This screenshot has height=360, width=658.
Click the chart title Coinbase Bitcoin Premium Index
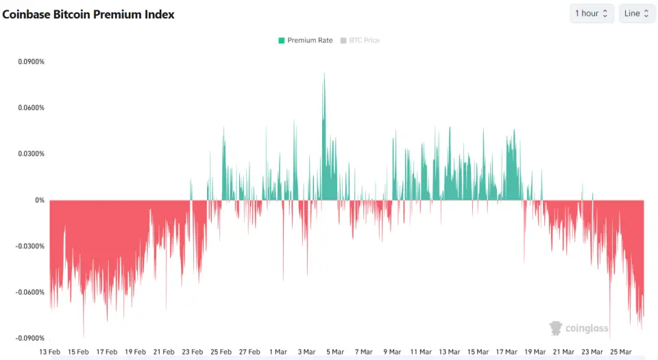click(88, 14)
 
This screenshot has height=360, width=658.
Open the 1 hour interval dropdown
click(592, 14)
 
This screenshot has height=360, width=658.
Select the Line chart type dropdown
click(637, 14)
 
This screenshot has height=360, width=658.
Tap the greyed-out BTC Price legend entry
click(364, 40)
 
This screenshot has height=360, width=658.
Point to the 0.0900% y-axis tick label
click(32, 62)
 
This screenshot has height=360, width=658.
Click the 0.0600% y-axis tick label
click(32, 108)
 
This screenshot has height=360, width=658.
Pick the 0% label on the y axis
click(40, 200)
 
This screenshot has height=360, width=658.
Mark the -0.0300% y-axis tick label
click(30, 246)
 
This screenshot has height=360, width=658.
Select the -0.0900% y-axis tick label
click(30, 338)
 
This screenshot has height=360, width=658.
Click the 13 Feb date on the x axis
click(50, 352)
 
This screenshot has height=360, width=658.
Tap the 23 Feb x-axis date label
click(193, 352)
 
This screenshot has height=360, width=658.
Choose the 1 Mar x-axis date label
click(278, 352)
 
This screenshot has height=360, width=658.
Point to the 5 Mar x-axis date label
click(335, 352)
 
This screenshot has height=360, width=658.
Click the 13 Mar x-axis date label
click(450, 352)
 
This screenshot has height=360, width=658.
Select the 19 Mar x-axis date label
click(535, 352)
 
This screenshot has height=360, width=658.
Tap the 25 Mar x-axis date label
click(621, 352)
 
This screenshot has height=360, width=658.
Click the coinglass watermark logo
click(579, 328)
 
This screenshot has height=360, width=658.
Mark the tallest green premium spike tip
click(324, 74)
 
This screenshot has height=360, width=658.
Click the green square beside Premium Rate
click(282, 40)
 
